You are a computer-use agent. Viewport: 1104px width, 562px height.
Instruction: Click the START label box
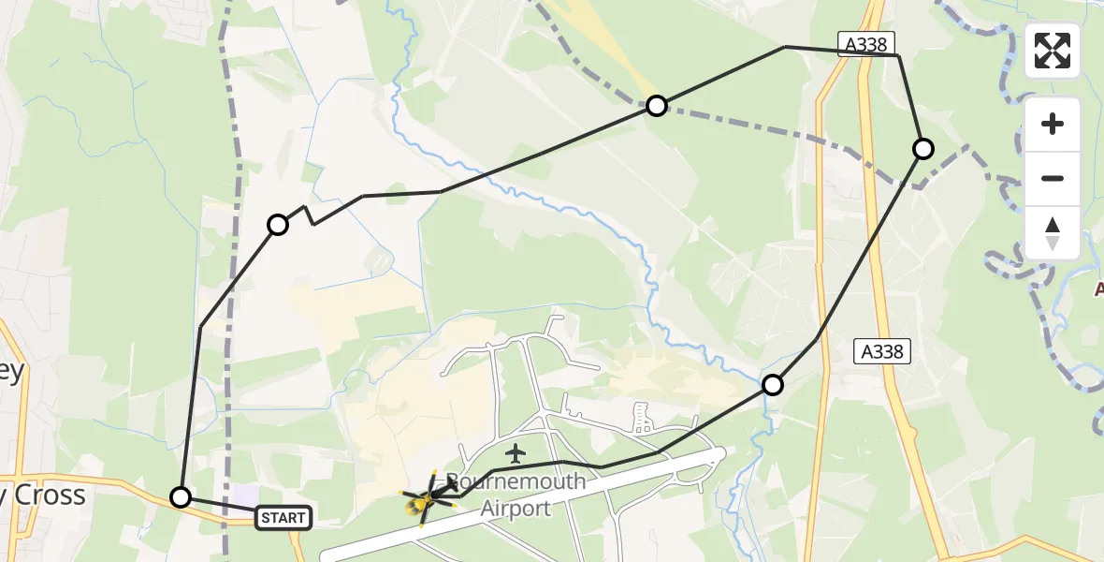click(x=283, y=516)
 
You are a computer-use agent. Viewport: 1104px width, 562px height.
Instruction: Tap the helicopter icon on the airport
click(x=425, y=498)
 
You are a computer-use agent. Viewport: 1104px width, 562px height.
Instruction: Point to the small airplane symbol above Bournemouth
click(x=514, y=451)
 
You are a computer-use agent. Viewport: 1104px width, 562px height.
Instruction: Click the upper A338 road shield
click(x=866, y=43)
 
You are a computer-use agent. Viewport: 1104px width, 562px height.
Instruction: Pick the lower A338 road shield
click(x=880, y=351)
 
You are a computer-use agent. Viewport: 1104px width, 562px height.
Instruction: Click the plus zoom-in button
click(x=1053, y=124)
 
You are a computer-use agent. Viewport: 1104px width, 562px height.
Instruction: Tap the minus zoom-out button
click(x=1053, y=178)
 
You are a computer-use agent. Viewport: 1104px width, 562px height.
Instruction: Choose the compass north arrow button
click(x=1053, y=232)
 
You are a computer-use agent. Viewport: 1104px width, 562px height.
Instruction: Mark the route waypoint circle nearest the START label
click(x=181, y=497)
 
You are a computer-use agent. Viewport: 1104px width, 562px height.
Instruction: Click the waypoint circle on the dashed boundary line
click(x=657, y=106)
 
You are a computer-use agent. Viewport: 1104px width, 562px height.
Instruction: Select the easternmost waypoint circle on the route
click(x=923, y=149)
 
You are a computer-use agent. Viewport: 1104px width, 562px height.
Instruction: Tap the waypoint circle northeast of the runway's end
click(x=773, y=384)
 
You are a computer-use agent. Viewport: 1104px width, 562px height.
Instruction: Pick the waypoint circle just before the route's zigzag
click(x=278, y=225)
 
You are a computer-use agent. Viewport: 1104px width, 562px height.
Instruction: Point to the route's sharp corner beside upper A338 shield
click(x=898, y=56)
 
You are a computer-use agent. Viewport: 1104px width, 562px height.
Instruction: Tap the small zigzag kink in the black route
click(x=311, y=215)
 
